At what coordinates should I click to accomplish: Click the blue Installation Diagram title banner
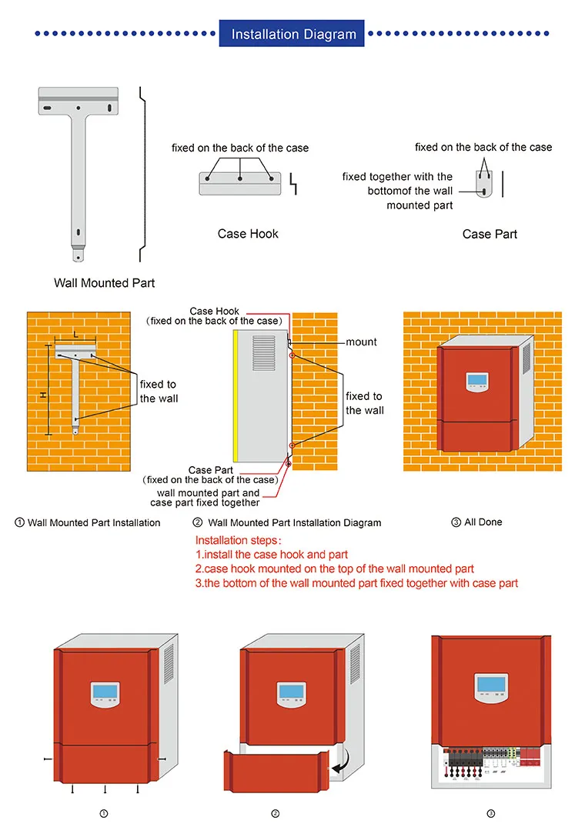[293, 34]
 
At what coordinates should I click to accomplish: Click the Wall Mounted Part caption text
[104, 283]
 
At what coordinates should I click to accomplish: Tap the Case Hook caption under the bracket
[248, 234]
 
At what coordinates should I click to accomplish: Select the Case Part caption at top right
[490, 234]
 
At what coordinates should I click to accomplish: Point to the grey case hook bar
[240, 182]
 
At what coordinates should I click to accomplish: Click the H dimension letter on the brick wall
[43, 395]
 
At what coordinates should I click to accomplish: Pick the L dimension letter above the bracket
[75, 335]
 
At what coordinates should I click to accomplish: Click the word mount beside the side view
[361, 342]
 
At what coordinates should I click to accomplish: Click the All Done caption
[483, 522]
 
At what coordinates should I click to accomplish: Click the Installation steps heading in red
[239, 540]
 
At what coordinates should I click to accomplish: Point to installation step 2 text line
[334, 569]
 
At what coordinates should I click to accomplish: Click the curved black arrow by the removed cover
[340, 764]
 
